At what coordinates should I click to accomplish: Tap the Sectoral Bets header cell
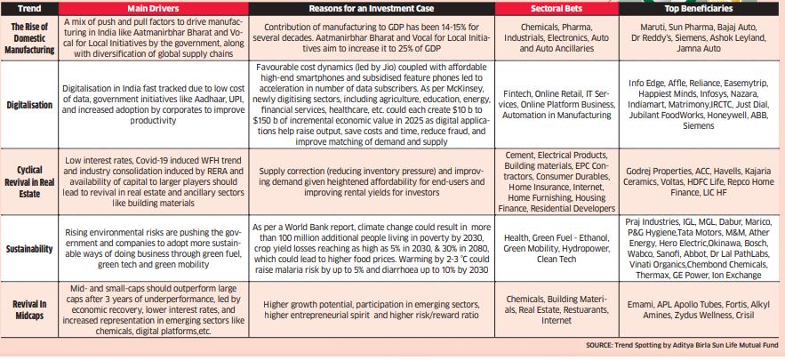coord(544,9)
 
